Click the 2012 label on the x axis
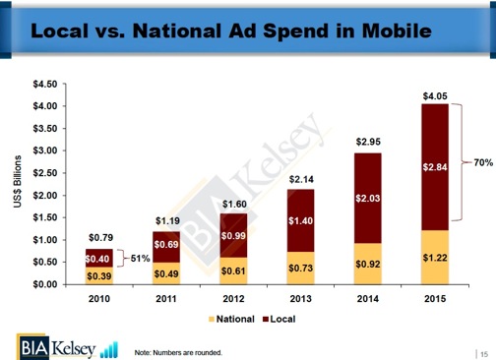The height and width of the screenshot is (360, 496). (x=233, y=296)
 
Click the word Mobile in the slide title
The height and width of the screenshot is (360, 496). (x=382, y=31)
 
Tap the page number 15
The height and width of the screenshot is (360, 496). (x=484, y=352)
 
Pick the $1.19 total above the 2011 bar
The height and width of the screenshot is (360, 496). (x=167, y=220)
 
